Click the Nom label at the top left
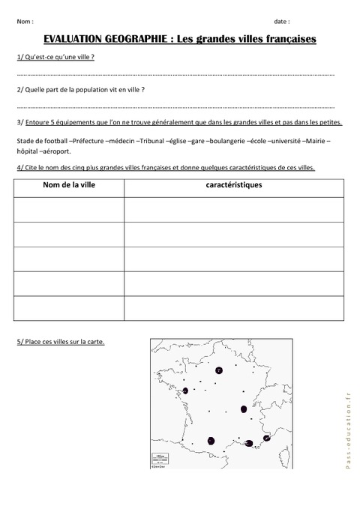pyautogui.click(x=23, y=21)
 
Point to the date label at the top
pyautogui.click(x=282, y=21)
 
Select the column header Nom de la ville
pyautogui.click(x=69, y=184)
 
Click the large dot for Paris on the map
pyautogui.click(x=219, y=370)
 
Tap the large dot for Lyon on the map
pyautogui.click(x=244, y=409)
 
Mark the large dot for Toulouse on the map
pyautogui.click(x=211, y=441)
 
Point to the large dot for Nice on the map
pyautogui.click(x=267, y=438)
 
